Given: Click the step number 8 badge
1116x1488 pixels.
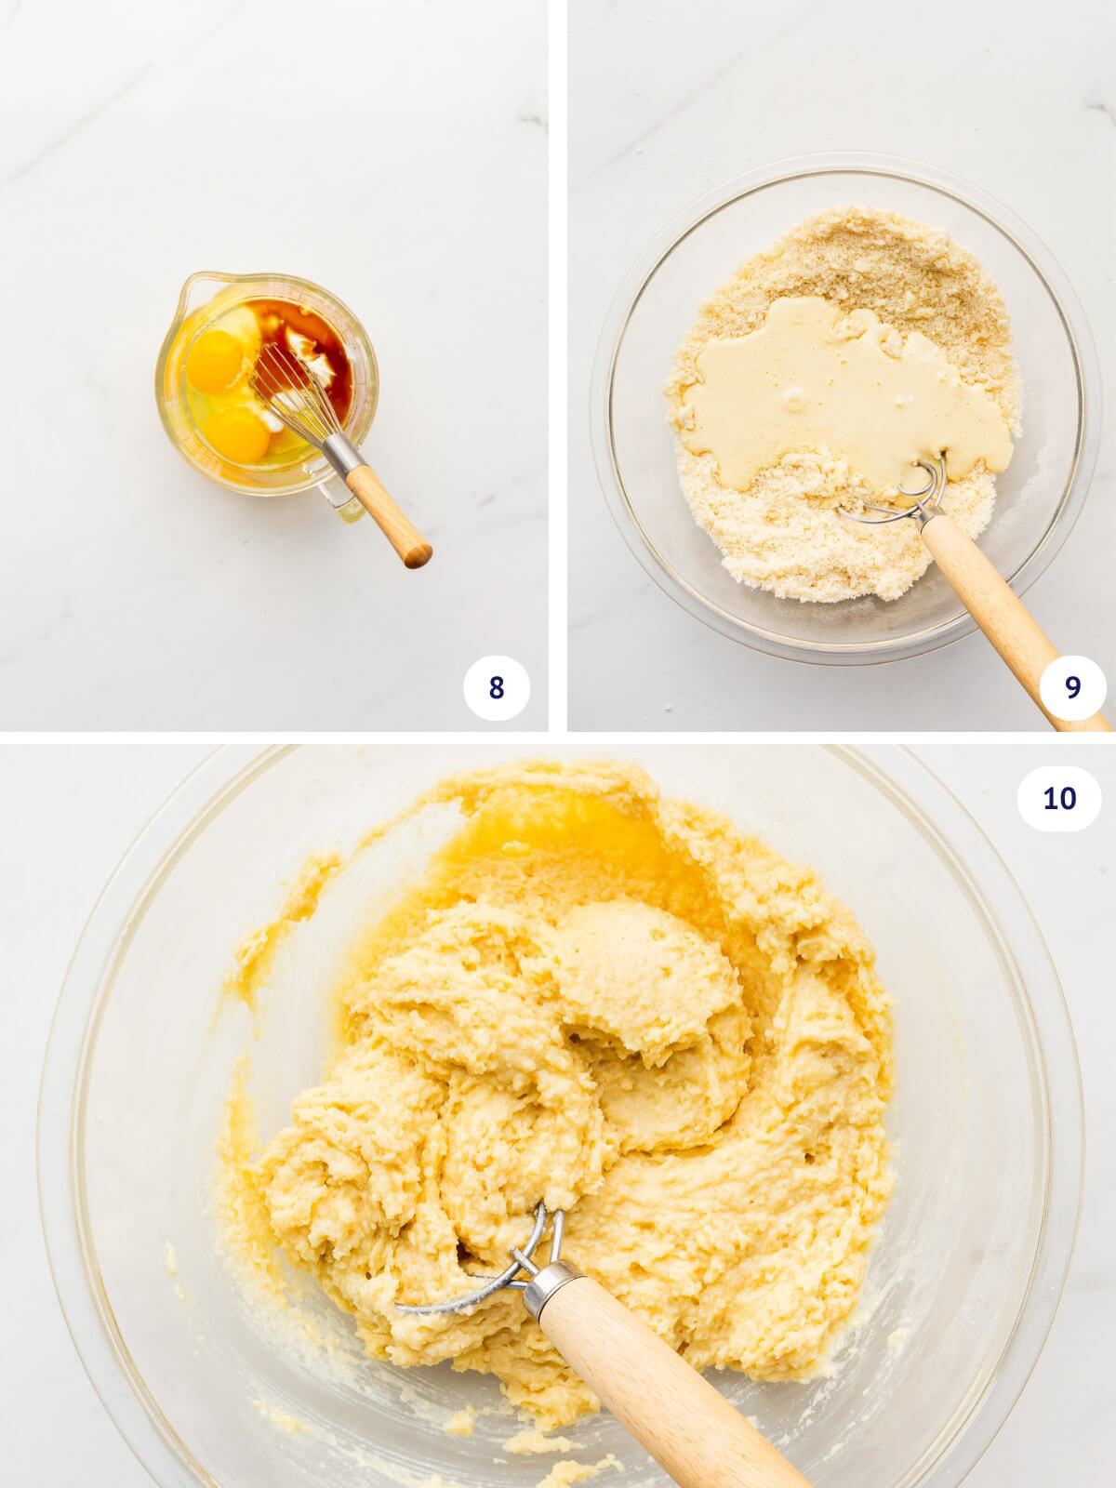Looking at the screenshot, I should coord(496,688).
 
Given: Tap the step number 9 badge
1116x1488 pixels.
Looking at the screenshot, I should coord(1072,688).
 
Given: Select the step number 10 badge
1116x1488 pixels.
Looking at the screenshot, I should coord(1058,798).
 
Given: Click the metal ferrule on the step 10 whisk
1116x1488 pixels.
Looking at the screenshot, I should coord(549,1287).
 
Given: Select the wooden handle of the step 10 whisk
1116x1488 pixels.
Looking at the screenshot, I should coord(651,1386).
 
